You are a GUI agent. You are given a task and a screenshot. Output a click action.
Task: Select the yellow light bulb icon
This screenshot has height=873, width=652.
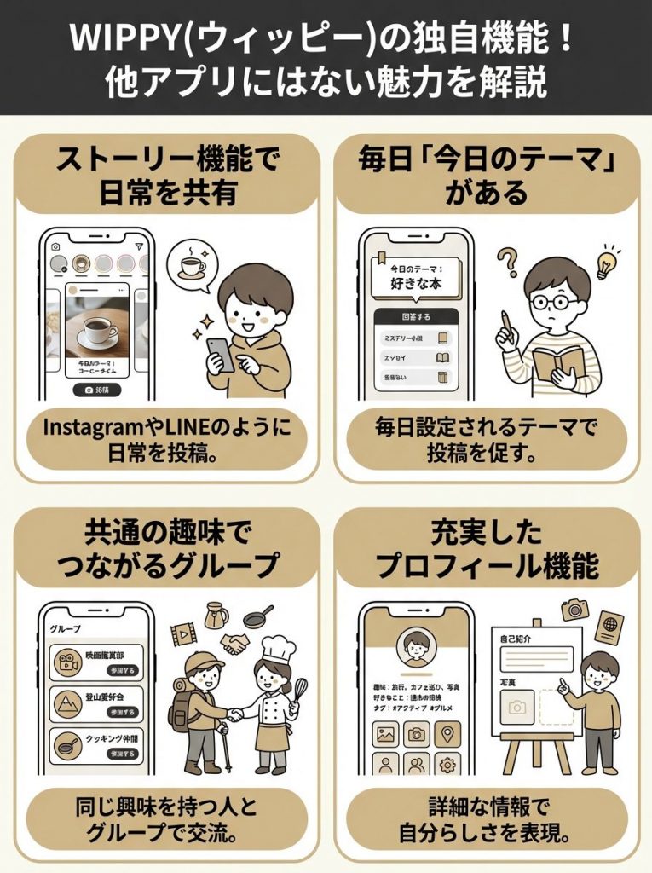[x=608, y=263]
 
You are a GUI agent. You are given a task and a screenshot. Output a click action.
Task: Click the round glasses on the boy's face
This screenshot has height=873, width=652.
[x=553, y=300]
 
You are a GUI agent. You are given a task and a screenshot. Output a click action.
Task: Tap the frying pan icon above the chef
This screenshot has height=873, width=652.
[x=257, y=615]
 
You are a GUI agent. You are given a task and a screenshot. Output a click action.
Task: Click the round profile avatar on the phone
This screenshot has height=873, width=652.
[x=416, y=649]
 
